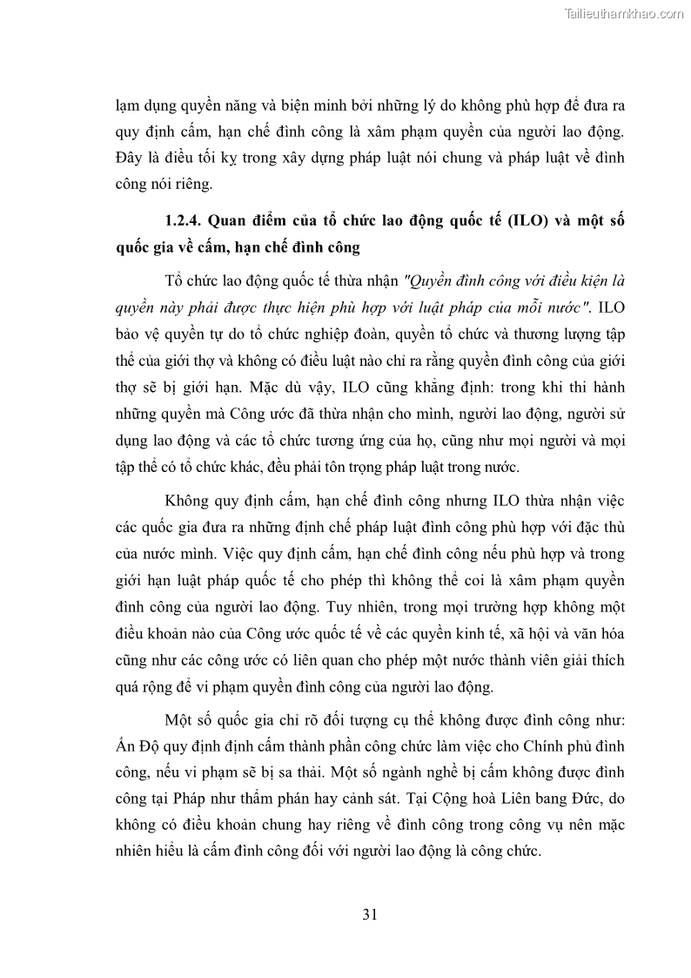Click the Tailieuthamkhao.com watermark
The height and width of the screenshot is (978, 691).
pos(624,13)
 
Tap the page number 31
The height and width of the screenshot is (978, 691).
pos(369,914)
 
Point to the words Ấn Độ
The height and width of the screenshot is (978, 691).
pos(138,747)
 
